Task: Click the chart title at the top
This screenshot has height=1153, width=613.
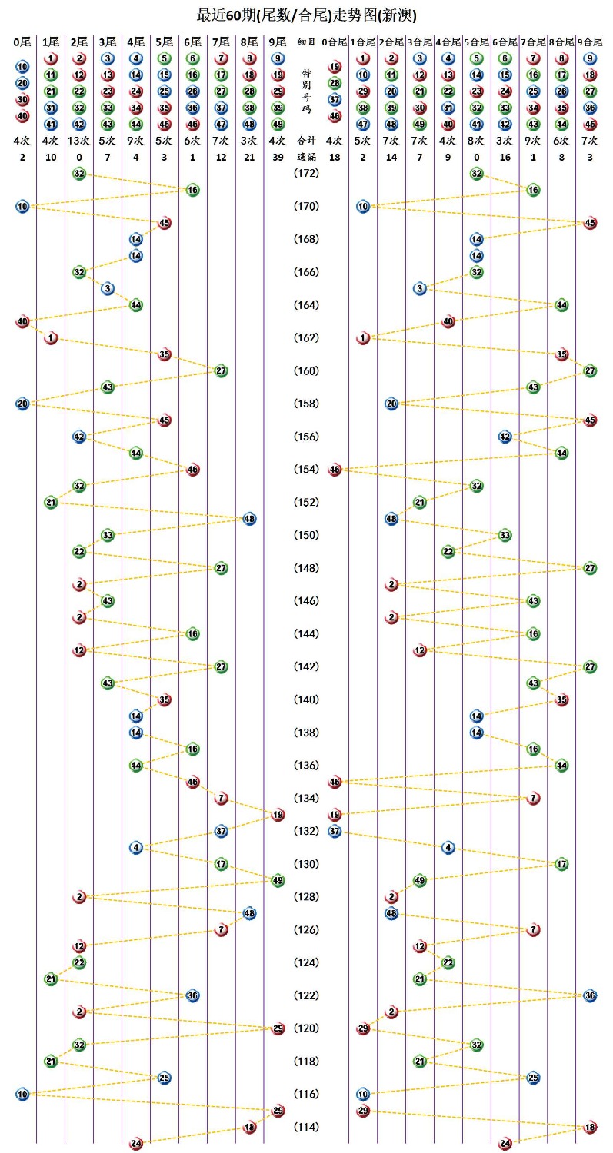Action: pyautogui.click(x=307, y=15)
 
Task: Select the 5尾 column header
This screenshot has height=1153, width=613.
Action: pyautogui.click(x=164, y=42)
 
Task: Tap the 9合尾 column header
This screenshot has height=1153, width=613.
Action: pyautogui.click(x=590, y=42)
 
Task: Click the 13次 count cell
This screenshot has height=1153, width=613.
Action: pyautogui.click(x=79, y=141)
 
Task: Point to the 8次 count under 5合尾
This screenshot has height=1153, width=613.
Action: pyautogui.click(x=477, y=141)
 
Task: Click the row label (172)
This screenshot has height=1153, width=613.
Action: pyautogui.click(x=306, y=174)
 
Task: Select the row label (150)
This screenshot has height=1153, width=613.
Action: pyautogui.click(x=306, y=535)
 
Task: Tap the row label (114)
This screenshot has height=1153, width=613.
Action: pyautogui.click(x=306, y=1127)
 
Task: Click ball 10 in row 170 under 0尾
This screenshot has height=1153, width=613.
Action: pyautogui.click(x=22, y=206)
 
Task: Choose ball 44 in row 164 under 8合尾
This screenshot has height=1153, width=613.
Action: pyautogui.click(x=561, y=305)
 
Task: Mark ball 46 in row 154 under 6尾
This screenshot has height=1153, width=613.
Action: pyautogui.click(x=192, y=470)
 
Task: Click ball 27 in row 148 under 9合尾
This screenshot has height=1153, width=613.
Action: pyautogui.click(x=590, y=568)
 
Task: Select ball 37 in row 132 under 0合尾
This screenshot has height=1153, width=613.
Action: pyautogui.click(x=335, y=831)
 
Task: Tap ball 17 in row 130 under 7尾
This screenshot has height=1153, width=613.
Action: pyautogui.click(x=221, y=864)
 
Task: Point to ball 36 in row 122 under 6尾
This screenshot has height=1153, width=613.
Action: pyautogui.click(x=192, y=995)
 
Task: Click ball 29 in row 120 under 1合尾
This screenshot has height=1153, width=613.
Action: pyautogui.click(x=363, y=1028)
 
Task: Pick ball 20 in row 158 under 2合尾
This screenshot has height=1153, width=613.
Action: pyautogui.click(x=391, y=404)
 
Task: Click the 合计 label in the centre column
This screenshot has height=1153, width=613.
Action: pyautogui.click(x=306, y=141)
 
